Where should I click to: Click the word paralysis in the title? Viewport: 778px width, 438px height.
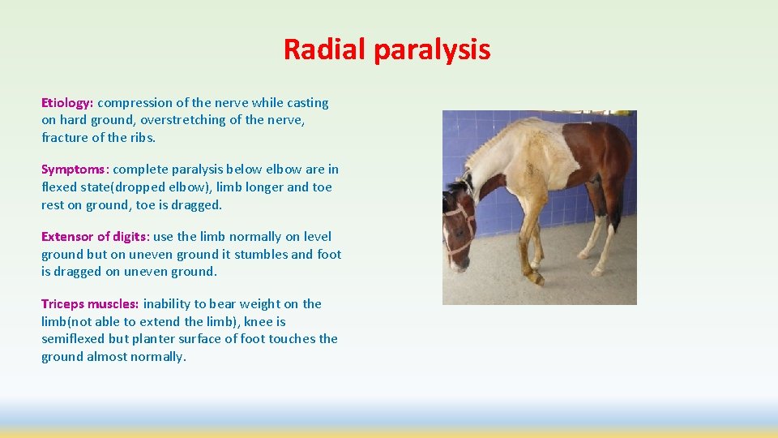point(432,50)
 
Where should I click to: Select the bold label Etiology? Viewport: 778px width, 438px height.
point(67,103)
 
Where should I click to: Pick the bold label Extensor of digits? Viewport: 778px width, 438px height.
point(95,237)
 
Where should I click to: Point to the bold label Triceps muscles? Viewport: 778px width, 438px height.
point(90,304)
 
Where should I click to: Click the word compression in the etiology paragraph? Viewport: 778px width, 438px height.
point(135,103)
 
